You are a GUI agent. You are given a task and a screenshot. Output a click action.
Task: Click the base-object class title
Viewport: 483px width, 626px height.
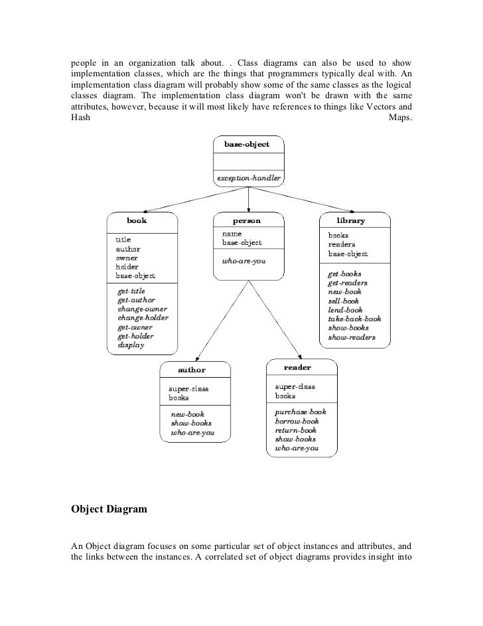(x=247, y=144)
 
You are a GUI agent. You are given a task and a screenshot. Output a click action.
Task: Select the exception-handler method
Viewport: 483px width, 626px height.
(x=249, y=178)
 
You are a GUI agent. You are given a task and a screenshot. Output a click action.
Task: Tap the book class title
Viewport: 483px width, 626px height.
(x=137, y=220)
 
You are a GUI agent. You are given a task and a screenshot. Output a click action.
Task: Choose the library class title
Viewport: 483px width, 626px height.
(x=350, y=220)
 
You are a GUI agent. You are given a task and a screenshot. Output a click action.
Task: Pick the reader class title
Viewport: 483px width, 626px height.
(x=297, y=367)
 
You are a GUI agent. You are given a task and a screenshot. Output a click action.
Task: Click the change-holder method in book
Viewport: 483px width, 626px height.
(x=143, y=318)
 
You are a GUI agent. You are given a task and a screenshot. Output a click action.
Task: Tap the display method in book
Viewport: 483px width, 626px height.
(x=131, y=345)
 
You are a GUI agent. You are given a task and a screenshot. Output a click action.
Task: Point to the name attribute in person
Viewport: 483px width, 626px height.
(x=232, y=234)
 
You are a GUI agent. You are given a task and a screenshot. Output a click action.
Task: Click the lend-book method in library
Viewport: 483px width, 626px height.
(x=345, y=309)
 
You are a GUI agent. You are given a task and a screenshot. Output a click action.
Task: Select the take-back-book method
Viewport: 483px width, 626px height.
(x=354, y=319)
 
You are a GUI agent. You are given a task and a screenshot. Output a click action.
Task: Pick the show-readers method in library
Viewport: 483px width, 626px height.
(x=351, y=337)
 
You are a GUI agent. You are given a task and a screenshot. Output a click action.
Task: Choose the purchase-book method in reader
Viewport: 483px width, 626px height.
(x=301, y=412)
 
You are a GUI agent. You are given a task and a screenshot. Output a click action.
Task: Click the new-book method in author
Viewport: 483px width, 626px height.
(x=188, y=414)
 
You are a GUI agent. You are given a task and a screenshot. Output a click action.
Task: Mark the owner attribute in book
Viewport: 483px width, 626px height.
(x=127, y=257)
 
